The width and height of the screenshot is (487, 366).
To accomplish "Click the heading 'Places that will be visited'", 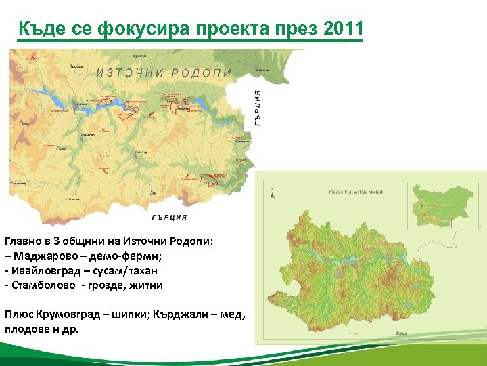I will coord(355,192).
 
